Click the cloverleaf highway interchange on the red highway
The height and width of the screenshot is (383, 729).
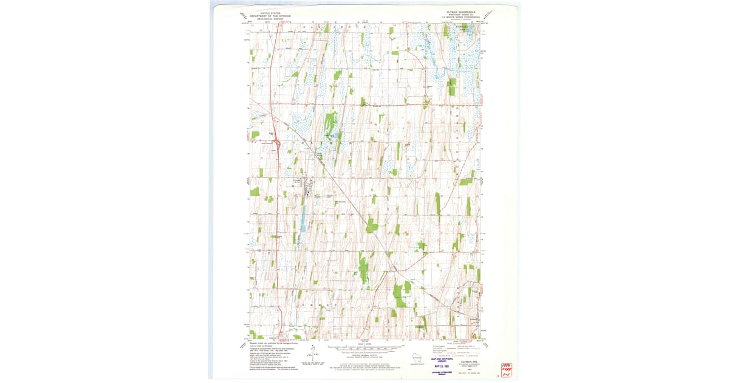277,145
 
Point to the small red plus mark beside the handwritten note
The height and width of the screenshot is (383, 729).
497,376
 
